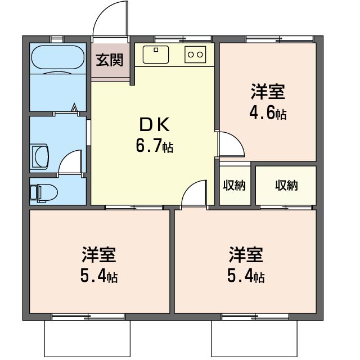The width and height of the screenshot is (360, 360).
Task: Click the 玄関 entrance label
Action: click(109, 60)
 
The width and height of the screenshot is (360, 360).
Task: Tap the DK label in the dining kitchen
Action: click(154, 124)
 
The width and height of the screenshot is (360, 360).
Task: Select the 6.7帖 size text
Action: click(155, 146)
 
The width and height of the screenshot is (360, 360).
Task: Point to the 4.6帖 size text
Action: click(268, 113)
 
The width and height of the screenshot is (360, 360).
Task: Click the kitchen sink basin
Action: click(156, 55)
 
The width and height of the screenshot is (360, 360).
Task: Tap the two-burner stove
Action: click(195, 55)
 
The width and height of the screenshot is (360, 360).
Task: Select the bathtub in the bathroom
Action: click(57, 57)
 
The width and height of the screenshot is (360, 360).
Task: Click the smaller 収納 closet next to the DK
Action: click(235, 185)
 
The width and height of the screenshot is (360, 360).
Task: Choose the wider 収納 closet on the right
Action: click(286, 185)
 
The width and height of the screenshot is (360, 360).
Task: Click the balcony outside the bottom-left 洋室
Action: click(87, 338)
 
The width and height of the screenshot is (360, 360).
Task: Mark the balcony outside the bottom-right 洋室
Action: click(254, 338)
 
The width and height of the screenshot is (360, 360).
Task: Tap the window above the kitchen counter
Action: click(183, 39)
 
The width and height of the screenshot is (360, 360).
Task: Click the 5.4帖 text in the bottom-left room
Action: click(99, 276)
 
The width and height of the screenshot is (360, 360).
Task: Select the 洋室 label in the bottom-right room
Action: click(246, 254)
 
